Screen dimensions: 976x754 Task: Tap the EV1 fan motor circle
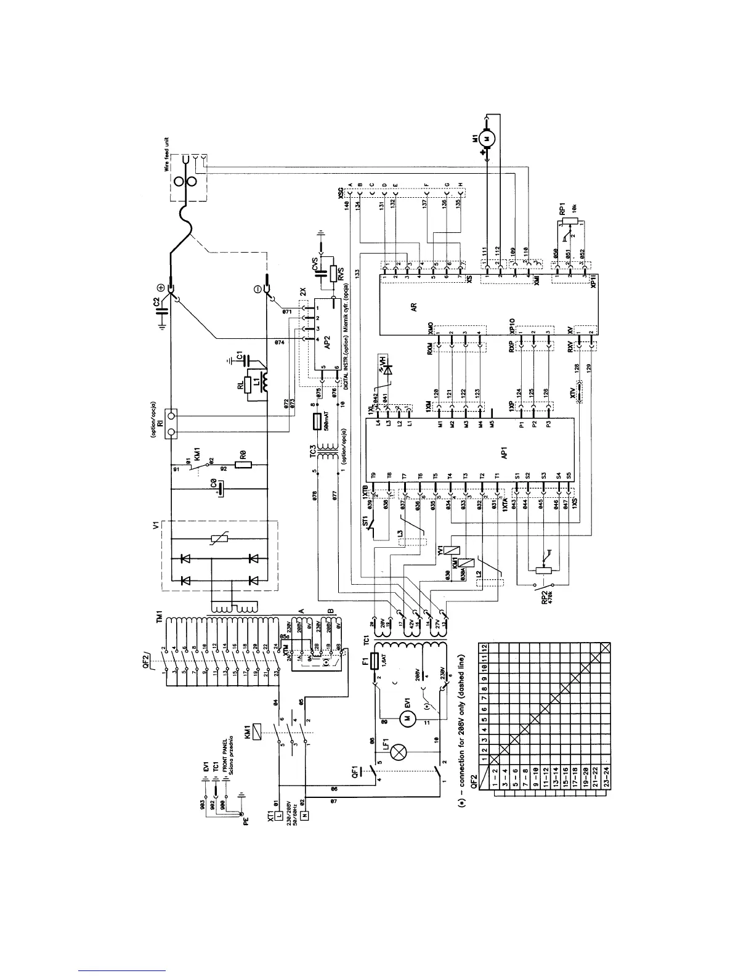[405, 718]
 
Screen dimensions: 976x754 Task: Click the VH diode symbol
[387, 370]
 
